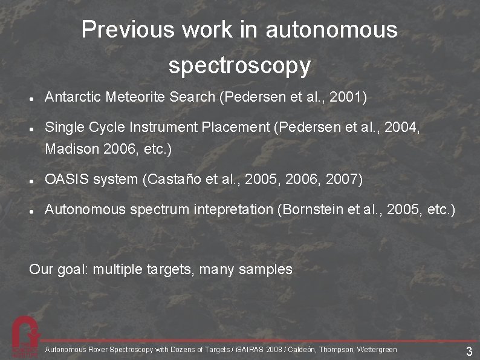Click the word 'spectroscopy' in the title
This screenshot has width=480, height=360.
point(239,65)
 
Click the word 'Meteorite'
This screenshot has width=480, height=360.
point(131,97)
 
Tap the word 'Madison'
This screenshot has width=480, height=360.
point(68,148)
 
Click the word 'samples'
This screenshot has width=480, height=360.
point(265,269)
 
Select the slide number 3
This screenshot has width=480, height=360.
point(469,352)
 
